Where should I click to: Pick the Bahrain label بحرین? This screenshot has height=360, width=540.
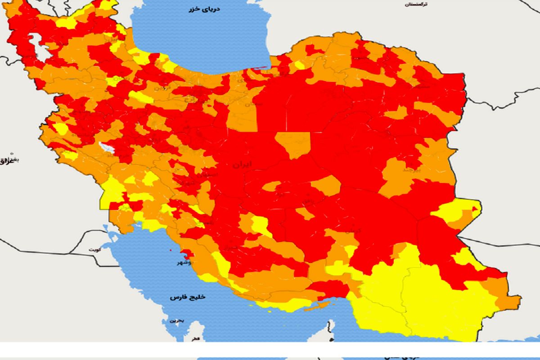click(176, 321)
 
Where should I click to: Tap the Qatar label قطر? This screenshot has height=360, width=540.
click(194, 339)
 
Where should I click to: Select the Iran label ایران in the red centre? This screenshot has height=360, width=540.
click(243, 165)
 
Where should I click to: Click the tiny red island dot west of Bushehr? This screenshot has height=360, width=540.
click(171, 250)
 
